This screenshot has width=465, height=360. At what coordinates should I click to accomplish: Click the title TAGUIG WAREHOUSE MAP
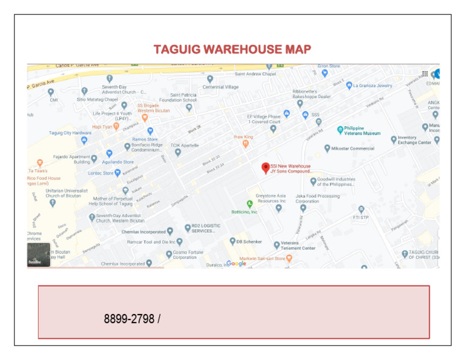pos(232,49)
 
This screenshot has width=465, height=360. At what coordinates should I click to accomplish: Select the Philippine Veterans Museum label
pos(362,130)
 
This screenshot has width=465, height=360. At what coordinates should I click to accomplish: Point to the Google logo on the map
pos(237,264)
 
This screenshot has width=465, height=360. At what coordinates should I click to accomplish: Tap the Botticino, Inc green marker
pos(249,204)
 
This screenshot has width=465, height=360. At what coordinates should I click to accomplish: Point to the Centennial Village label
pos(220,87)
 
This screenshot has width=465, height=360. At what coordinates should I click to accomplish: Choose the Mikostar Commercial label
pos(354,148)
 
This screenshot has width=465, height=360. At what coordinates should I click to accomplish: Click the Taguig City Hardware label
pos(70,133)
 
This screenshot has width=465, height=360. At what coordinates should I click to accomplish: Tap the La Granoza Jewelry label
pos(372,85)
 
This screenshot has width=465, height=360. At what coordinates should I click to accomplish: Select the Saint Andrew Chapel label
pos(255,74)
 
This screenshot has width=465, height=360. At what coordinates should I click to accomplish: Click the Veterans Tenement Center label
pos(298,245)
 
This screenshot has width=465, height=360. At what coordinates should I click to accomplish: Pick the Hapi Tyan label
pos(102,127)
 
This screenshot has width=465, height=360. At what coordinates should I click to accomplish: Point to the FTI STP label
pos(361,217)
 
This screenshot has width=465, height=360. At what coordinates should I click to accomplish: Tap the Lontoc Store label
pos(100,173)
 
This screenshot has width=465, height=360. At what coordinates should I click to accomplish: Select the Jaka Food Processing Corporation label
pos(317,198)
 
